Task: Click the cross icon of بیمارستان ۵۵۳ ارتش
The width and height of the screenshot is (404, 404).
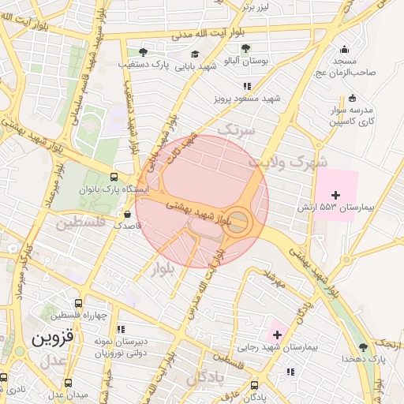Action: tap(336, 194)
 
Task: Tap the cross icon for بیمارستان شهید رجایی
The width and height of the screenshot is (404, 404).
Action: tap(277, 335)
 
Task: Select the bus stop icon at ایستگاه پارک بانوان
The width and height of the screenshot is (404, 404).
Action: tap(115, 178)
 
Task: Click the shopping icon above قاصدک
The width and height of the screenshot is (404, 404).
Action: tap(128, 213)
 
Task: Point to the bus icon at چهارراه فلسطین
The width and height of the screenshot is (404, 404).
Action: tap(77, 303)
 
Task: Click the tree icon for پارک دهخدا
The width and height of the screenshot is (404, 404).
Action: tap(363, 346)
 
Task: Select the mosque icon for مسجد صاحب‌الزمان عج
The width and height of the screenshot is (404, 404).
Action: tap(343, 49)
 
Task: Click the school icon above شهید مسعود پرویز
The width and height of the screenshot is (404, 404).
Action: tap(247, 86)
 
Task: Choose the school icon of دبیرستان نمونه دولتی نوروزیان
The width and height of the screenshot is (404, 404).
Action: tap(120, 329)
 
